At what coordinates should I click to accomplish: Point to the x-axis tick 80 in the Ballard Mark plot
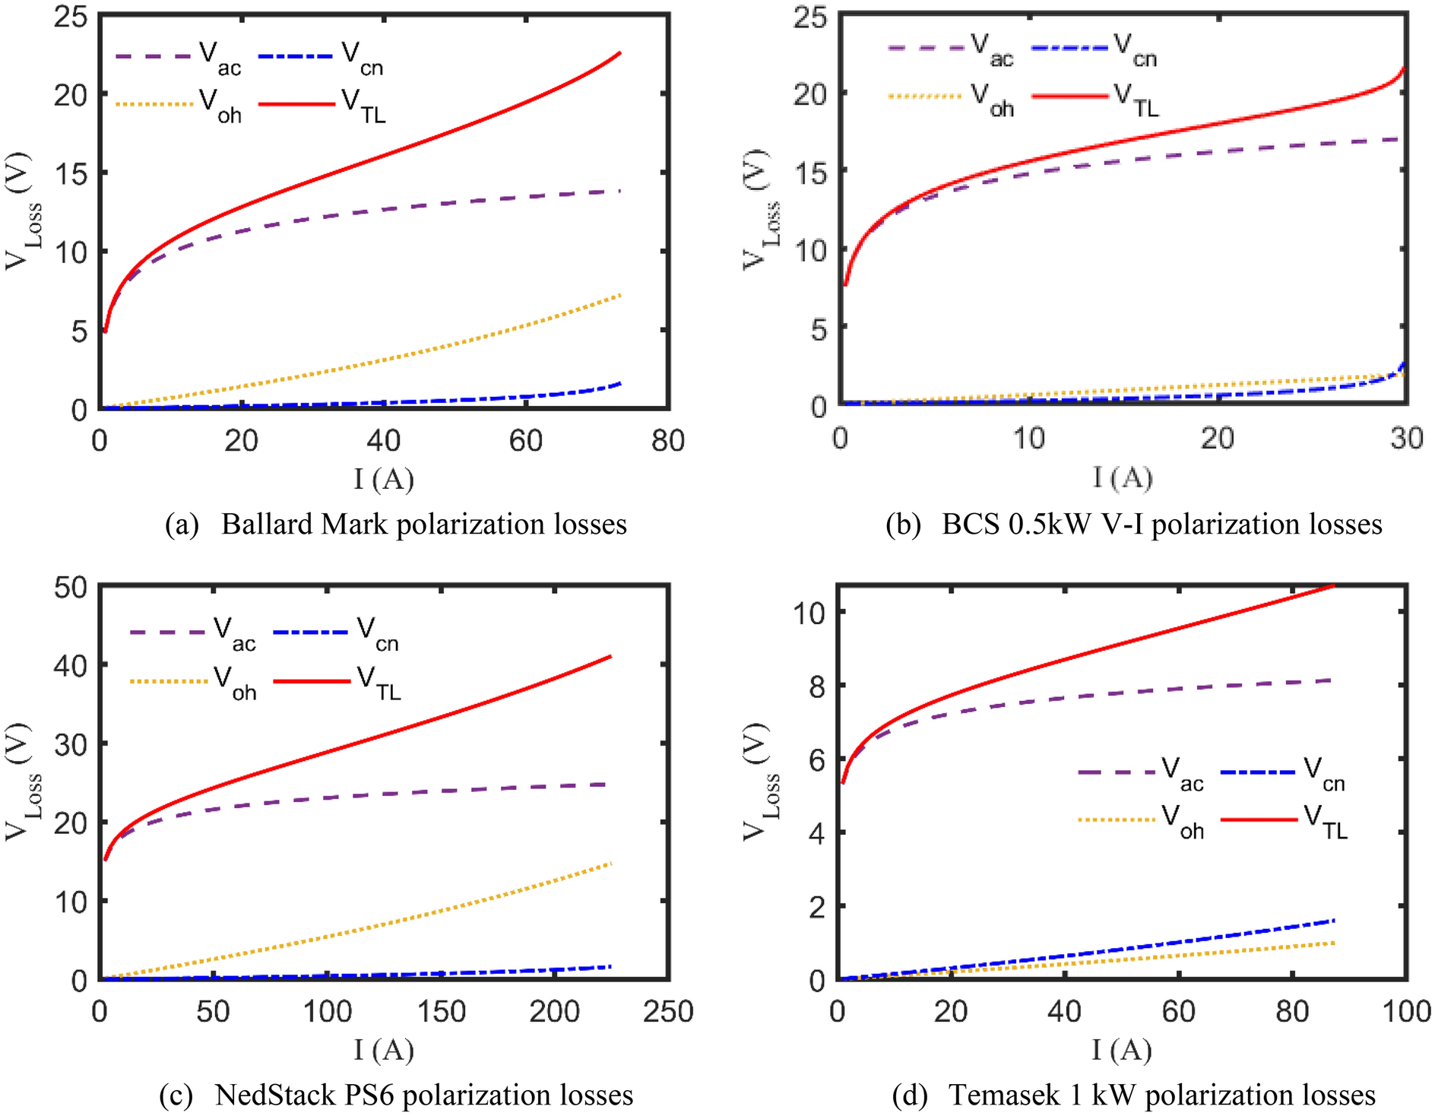point(668,441)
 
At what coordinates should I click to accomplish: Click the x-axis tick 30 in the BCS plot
point(1406,439)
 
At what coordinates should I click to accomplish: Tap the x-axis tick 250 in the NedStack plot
point(668,1012)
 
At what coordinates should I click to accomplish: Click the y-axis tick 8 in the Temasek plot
point(816,686)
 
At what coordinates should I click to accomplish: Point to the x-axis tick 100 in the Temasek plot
point(1406,1012)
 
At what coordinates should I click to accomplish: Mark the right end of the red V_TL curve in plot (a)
point(620,53)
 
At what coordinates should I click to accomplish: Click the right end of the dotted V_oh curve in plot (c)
point(610,864)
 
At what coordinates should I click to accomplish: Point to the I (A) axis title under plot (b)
point(1123,478)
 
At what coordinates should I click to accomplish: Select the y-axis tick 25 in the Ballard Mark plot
point(70,17)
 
